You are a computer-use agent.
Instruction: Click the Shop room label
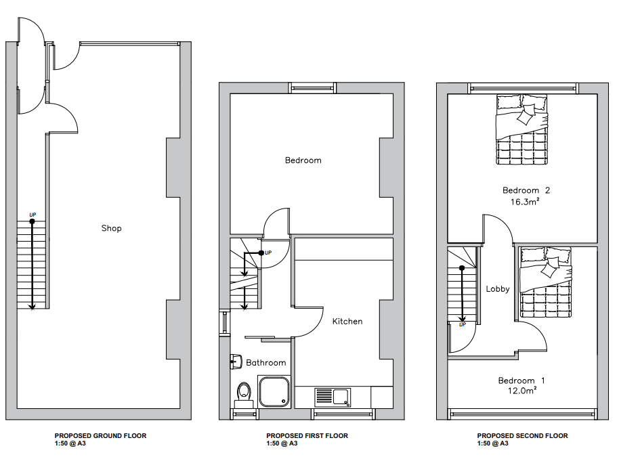111,229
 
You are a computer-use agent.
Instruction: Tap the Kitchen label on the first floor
347,322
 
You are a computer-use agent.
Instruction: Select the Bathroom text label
265,363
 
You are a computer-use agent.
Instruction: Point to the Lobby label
497,289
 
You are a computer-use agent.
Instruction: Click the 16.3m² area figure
525,202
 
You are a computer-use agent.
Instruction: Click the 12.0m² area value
522,391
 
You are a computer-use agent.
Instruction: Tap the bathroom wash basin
236,362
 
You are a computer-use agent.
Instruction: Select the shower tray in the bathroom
274,391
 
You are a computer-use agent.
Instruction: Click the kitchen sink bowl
341,397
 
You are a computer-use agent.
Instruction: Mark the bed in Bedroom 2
522,129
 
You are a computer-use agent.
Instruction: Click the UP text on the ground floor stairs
33,215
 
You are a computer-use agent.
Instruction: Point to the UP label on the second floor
463,325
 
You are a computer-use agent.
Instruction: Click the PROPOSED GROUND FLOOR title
100,436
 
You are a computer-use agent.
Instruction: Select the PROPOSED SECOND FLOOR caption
522,436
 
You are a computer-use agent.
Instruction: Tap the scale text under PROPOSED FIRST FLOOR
282,443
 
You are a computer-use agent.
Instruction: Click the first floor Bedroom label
303,160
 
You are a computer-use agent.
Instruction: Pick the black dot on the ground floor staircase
32,221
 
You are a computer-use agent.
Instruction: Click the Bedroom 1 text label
521,381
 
